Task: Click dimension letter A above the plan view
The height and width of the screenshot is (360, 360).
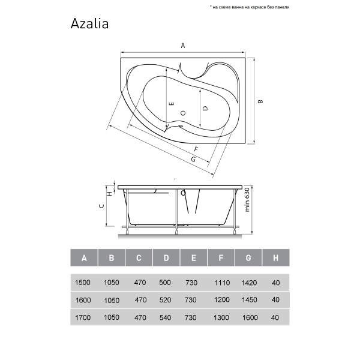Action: pyautogui.click(x=183, y=46)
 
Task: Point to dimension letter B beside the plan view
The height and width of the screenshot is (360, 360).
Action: pyautogui.click(x=260, y=101)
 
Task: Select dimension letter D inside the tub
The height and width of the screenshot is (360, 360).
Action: pyautogui.click(x=205, y=109)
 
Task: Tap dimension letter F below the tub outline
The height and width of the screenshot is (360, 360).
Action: pyautogui.click(x=196, y=149)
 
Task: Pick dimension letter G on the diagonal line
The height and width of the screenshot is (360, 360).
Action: pyautogui.click(x=193, y=159)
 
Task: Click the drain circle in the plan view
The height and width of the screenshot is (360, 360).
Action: pyautogui.click(x=184, y=113)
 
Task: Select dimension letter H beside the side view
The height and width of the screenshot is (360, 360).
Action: pyautogui.click(x=110, y=193)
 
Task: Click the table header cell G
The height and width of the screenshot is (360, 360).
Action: pyautogui.click(x=248, y=259)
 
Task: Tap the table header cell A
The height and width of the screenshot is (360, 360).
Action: pyautogui.click(x=84, y=259)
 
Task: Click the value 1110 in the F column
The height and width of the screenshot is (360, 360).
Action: pyautogui.click(x=221, y=283)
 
